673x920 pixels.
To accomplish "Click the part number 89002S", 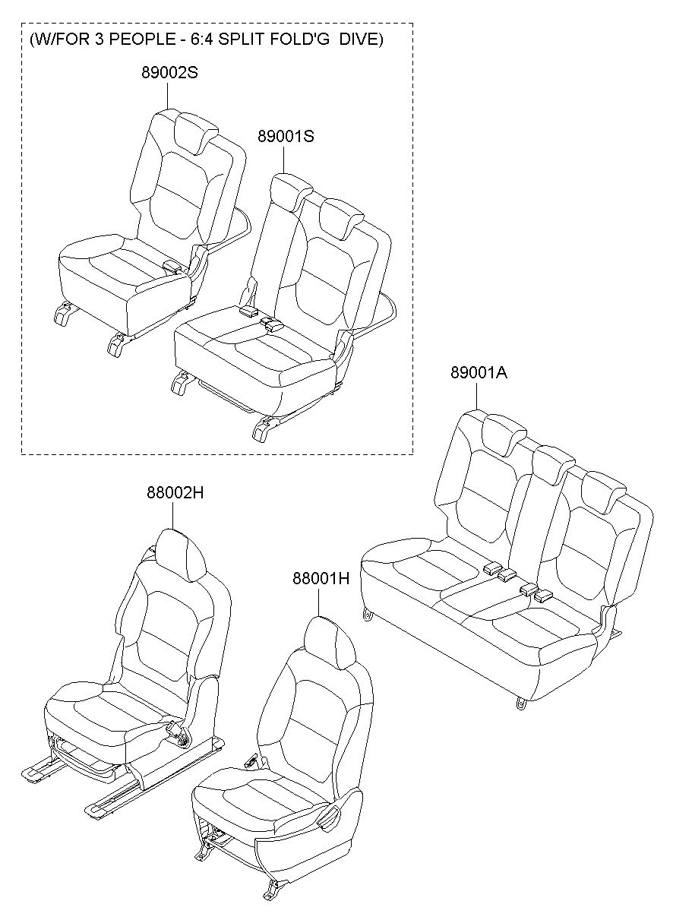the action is click(x=169, y=73).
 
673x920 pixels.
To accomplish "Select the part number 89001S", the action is click(x=286, y=136).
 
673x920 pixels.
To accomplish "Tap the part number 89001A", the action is click(x=479, y=372).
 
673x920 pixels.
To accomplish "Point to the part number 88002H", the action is click(x=175, y=492).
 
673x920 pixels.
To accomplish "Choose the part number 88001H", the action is click(x=321, y=579).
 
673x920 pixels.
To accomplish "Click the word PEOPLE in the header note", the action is click(x=136, y=40).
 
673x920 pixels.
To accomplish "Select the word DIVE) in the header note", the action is click(x=361, y=40).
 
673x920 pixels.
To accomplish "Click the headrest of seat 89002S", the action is click(x=196, y=132).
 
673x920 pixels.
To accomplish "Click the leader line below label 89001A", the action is click(x=477, y=395).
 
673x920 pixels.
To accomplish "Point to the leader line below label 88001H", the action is click(x=319, y=602).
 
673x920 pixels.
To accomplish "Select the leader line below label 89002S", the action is click(x=168, y=96).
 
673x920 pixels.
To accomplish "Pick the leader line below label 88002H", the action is click(x=173, y=515).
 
